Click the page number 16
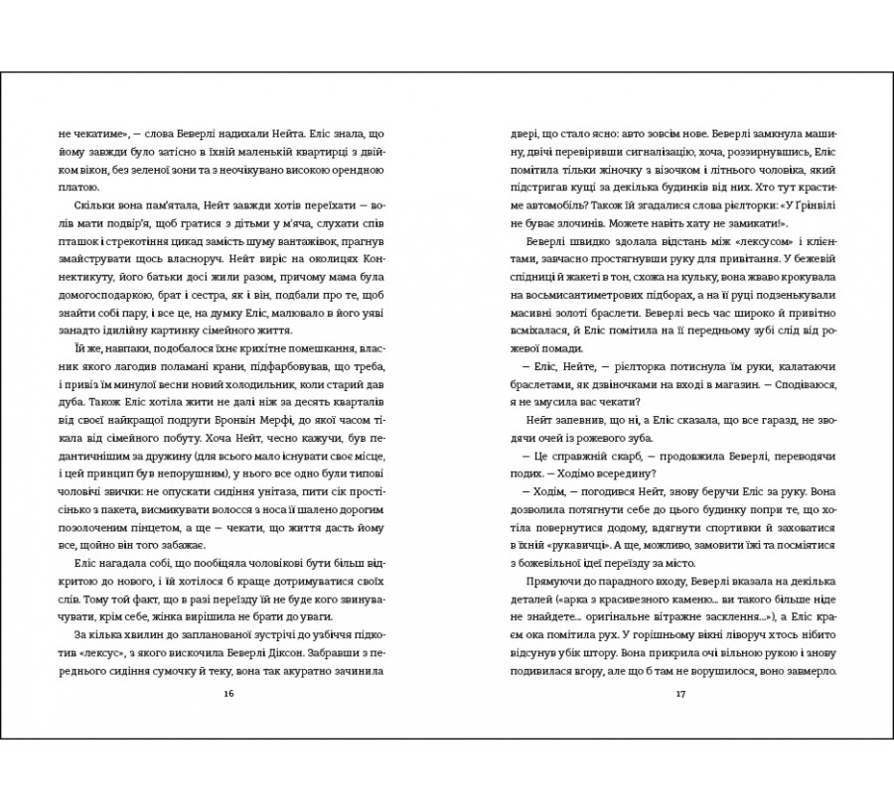coord(228,692)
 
